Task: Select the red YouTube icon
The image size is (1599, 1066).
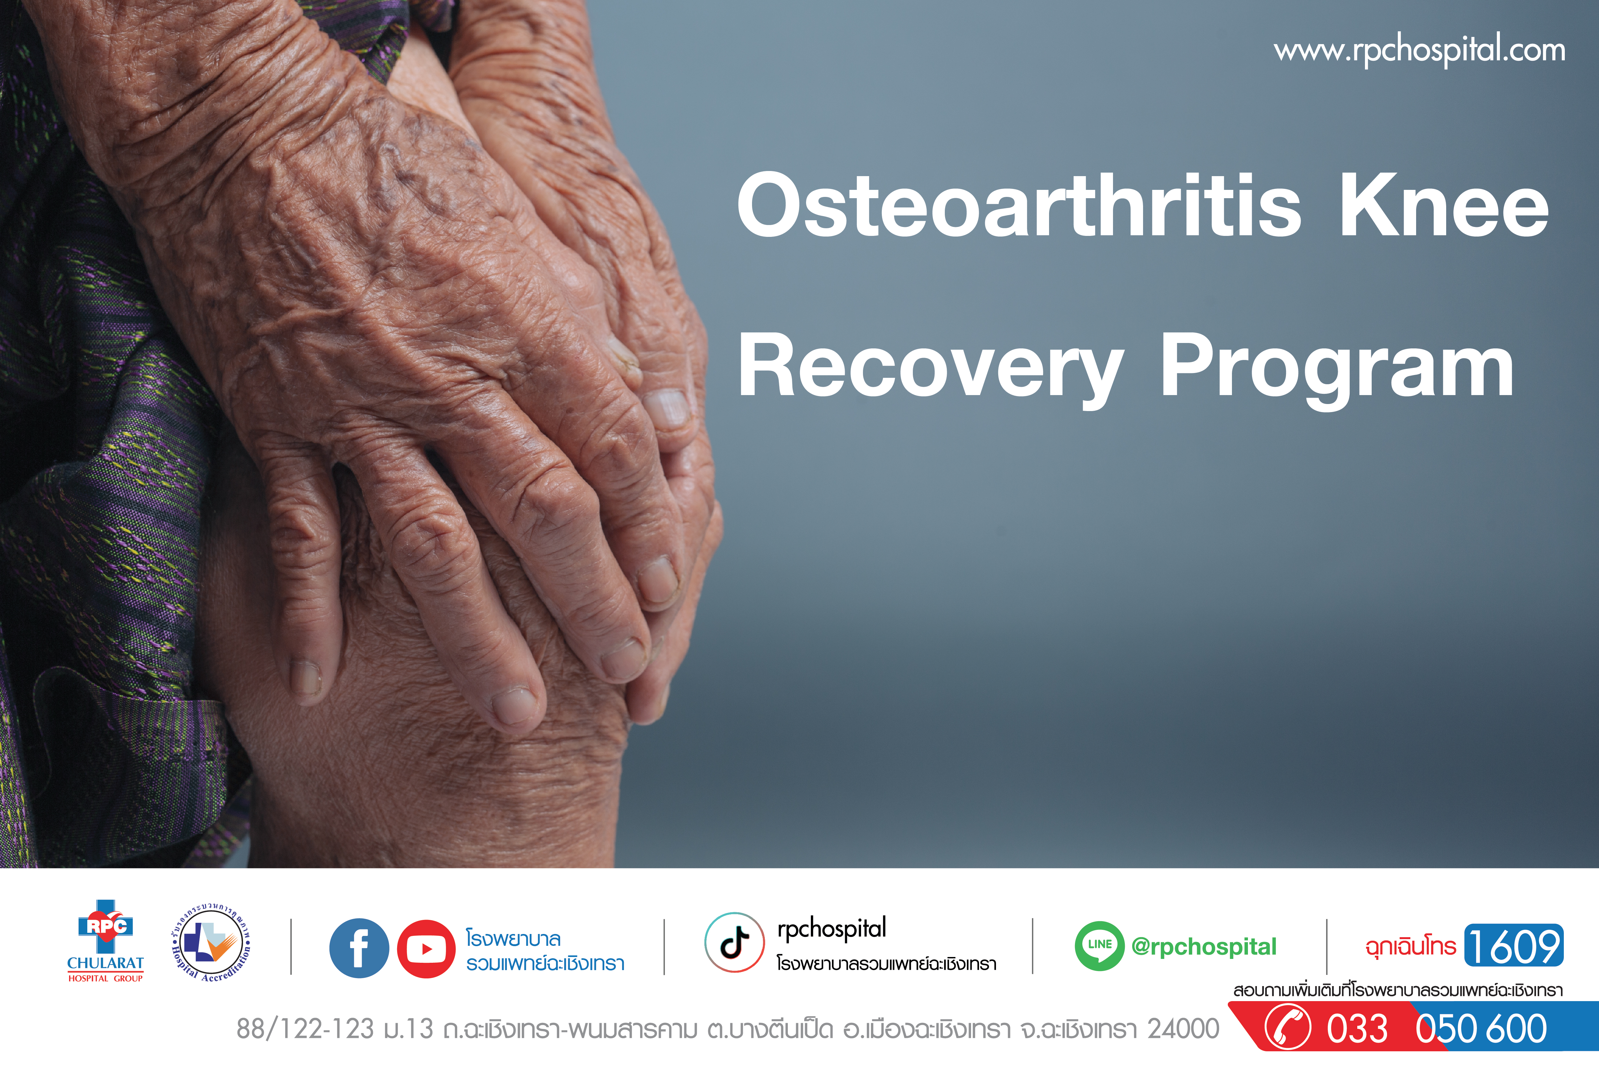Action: pos(426,949)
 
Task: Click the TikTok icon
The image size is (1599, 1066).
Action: pos(734,942)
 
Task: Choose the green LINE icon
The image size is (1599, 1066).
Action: pos(1099,946)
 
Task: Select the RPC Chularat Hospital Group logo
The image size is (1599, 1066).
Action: pos(106,942)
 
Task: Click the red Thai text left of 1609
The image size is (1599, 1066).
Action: pos(1411,946)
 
